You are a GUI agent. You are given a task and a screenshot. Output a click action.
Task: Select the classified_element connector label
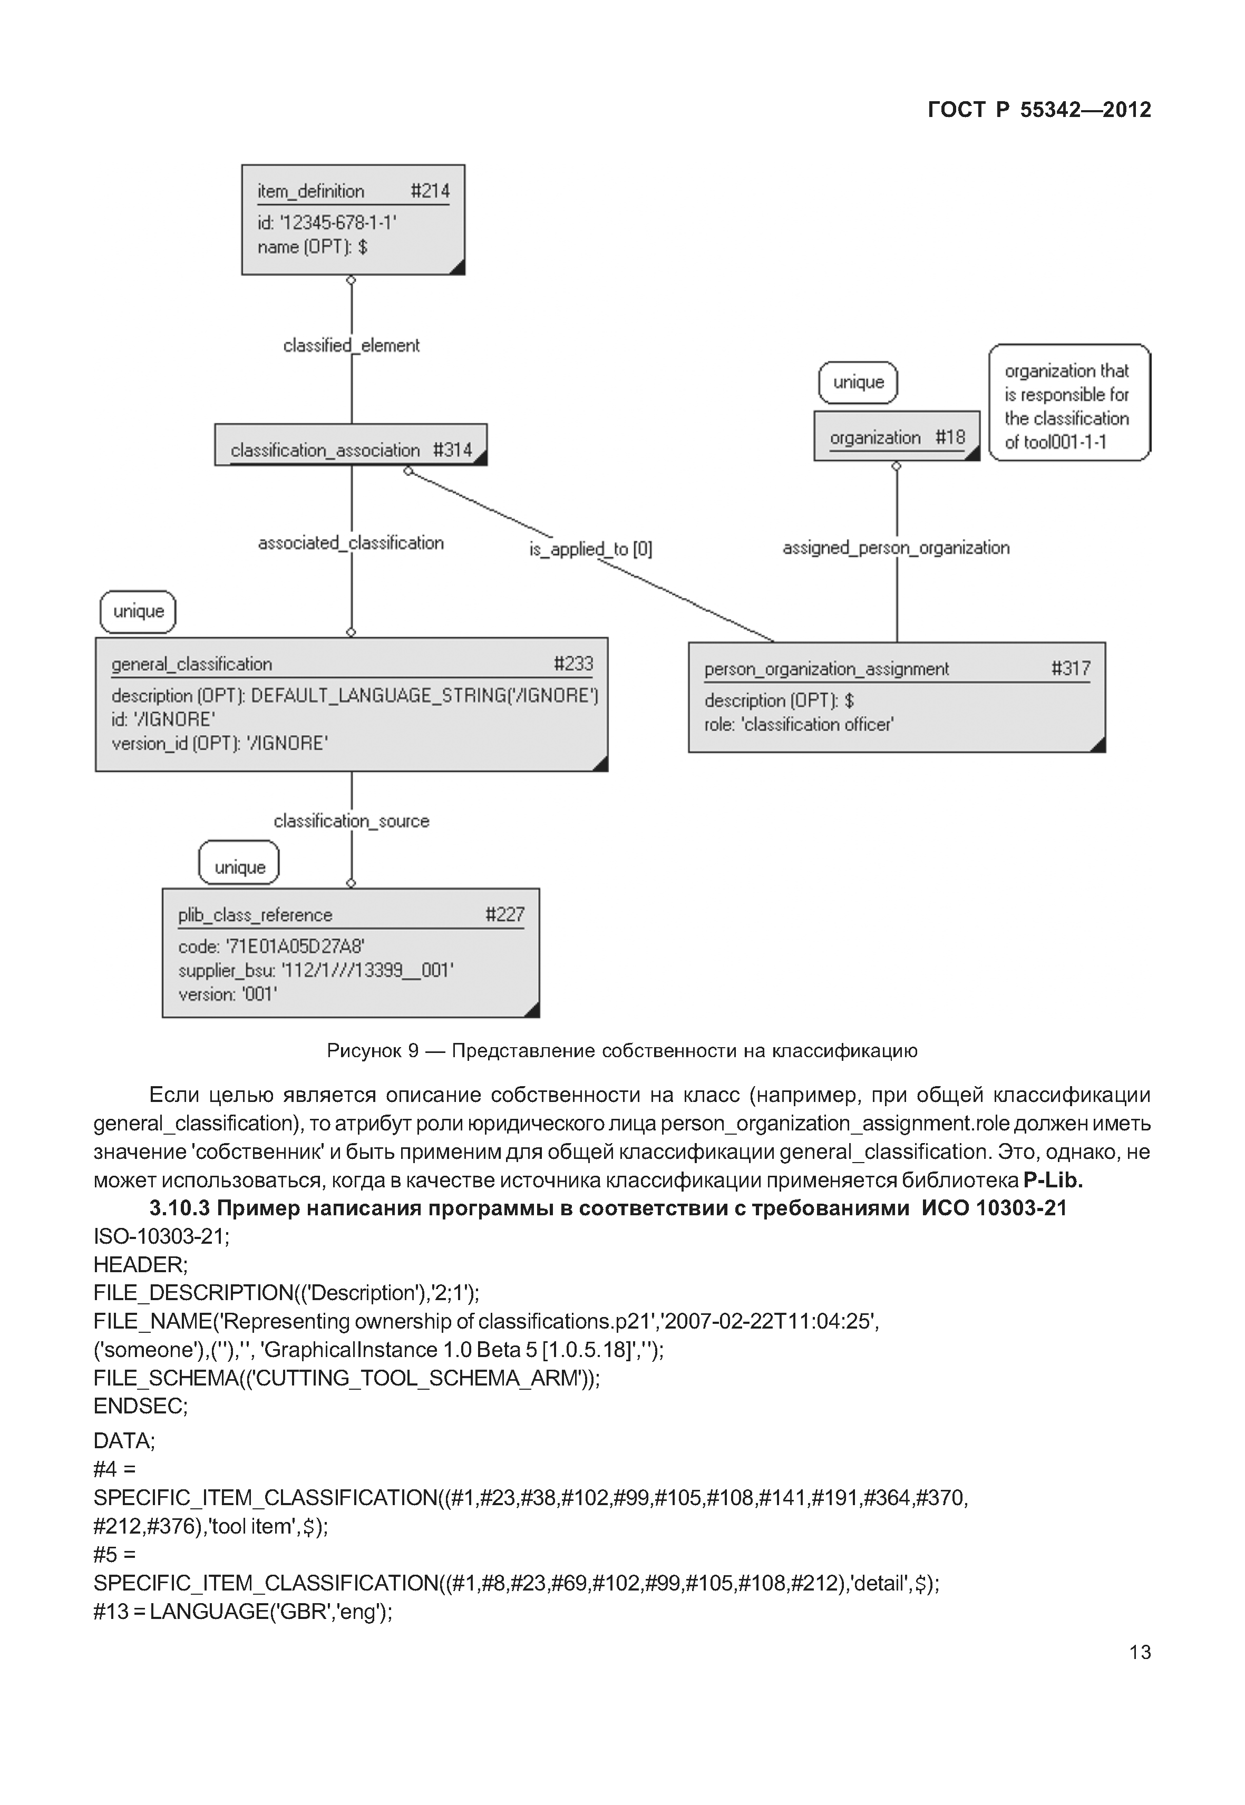point(351,346)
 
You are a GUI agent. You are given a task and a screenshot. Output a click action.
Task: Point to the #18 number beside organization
point(950,437)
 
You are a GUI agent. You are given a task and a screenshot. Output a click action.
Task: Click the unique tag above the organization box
point(858,382)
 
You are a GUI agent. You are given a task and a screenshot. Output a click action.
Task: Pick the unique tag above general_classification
point(138,611)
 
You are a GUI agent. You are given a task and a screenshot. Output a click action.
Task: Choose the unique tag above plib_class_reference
point(239,867)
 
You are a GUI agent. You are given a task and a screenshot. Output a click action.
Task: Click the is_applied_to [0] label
point(590,549)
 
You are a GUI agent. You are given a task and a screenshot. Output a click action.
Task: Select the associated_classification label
point(351,543)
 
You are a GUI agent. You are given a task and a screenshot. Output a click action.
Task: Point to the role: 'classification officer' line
point(799,725)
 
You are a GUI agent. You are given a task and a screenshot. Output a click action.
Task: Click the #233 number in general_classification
point(573,664)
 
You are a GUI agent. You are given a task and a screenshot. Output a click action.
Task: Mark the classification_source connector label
point(351,821)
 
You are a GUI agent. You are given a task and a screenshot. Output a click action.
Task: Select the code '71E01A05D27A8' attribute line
point(271,946)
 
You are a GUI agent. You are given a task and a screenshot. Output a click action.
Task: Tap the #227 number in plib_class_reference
point(505,914)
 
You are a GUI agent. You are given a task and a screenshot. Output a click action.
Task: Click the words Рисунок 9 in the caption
point(373,1051)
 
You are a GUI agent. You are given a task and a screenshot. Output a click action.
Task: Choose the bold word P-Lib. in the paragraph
point(1053,1179)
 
